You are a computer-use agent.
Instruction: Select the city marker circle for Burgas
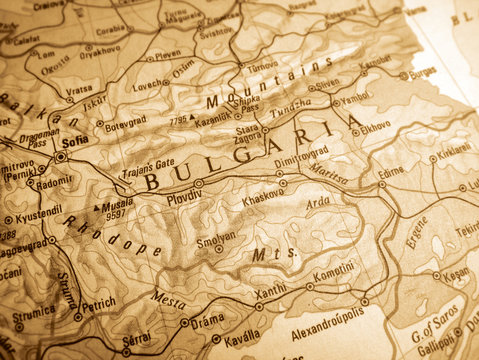404,75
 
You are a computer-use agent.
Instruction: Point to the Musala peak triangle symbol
99,208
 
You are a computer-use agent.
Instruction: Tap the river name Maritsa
328,177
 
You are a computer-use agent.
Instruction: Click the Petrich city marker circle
78,317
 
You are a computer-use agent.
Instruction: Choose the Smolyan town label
215,237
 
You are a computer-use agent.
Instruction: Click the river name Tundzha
291,103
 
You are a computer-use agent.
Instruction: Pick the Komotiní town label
334,270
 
